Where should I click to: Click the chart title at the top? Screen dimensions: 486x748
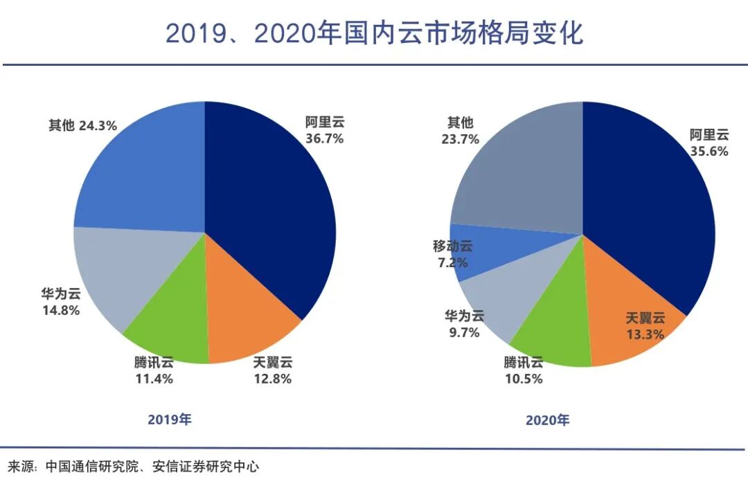pos(374,33)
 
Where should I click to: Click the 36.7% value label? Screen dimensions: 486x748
pos(324,138)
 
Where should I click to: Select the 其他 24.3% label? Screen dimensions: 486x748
pos(82,125)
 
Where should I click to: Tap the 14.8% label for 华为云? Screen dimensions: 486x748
pos(60,311)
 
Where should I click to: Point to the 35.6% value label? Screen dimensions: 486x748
pos(709,151)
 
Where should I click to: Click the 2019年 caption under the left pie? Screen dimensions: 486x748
pos(170,420)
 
